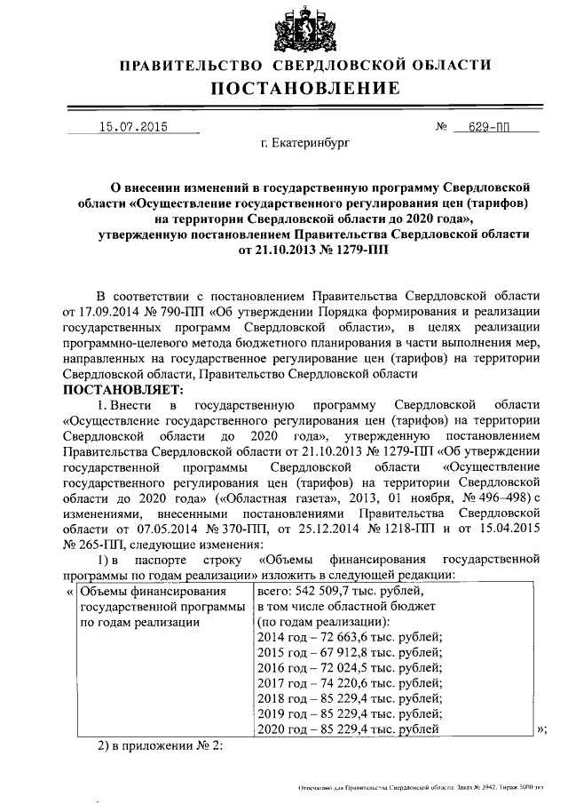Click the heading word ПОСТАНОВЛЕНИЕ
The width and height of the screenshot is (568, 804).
point(304,88)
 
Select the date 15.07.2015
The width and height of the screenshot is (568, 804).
point(133,126)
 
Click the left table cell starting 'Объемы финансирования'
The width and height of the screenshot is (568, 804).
point(158,606)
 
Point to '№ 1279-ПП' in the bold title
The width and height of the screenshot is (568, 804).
point(353,251)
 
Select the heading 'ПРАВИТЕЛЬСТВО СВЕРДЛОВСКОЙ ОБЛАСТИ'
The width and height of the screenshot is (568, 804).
point(304,64)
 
